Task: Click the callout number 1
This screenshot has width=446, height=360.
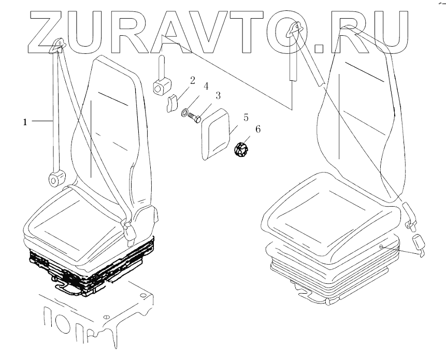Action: coord(24,122)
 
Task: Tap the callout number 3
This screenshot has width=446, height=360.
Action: coord(218,96)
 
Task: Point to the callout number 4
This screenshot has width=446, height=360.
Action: coord(206,86)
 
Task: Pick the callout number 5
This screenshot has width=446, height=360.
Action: coord(246,117)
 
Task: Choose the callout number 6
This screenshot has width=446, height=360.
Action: coord(257,129)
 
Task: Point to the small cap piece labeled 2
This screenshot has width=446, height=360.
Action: coord(171,103)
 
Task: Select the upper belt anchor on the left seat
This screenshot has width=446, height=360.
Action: coord(56,47)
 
